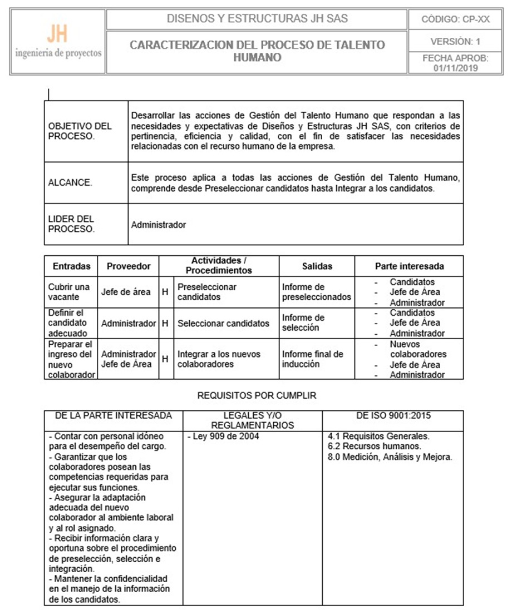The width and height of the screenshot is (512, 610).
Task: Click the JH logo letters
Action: pos(57,34)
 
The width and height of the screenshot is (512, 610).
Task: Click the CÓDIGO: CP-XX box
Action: pos(456,19)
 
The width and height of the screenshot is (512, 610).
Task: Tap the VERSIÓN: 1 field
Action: pos(456,42)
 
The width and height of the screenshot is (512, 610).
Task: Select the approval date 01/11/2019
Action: pos(456,68)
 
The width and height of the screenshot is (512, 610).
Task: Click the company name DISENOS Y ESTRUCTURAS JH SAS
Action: pos(258,19)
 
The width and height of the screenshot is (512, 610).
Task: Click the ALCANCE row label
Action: pos(70,182)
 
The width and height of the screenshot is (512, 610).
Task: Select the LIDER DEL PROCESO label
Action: pos(71,224)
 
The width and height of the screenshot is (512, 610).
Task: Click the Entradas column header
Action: pos(71,266)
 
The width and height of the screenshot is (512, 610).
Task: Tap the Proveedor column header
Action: pos(129,266)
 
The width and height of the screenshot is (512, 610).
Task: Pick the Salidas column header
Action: pos(317,266)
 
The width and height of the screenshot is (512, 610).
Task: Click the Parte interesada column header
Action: pos(409,266)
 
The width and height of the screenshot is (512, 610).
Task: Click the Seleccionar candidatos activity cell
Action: pos(223,323)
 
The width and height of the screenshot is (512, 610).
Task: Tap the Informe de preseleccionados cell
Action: pos(316,292)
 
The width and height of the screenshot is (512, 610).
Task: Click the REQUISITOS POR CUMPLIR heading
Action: pos(257,396)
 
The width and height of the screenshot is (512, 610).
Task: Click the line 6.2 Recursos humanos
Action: pos(374,447)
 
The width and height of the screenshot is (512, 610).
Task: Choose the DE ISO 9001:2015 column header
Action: pos(392,415)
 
